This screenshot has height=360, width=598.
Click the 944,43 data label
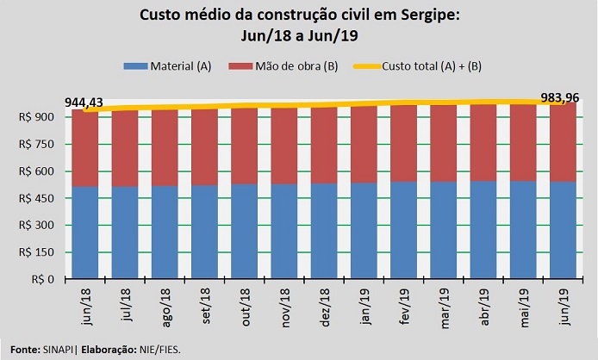pos(84,102)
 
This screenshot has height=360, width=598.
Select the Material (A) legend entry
pos(172,66)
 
